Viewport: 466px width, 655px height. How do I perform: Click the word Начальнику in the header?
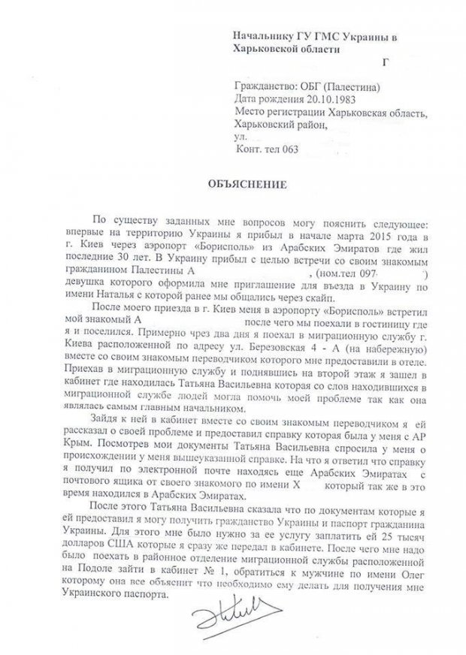click(259, 35)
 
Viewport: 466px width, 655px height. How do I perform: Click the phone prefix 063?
click(286, 149)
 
